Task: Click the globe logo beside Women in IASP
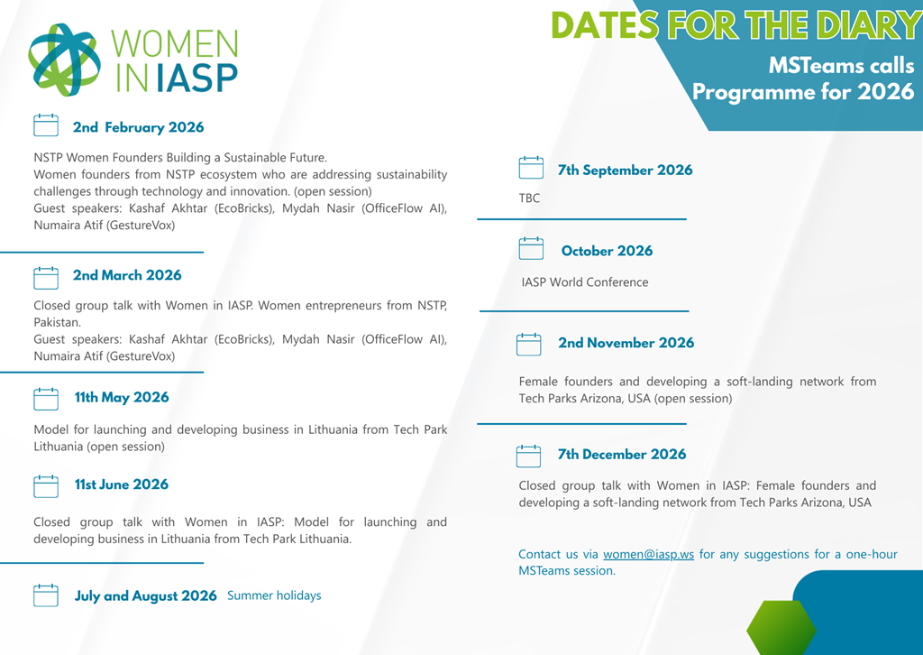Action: point(64,60)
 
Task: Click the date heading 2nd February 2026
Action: point(138,127)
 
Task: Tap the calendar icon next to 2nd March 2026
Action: point(46,276)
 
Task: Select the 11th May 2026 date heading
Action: point(122,397)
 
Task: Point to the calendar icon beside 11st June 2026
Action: point(46,485)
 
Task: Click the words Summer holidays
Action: point(274,595)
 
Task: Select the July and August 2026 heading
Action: point(146,595)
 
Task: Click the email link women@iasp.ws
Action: point(648,554)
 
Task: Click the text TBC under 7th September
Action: point(529,198)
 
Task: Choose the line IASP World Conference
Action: point(584,282)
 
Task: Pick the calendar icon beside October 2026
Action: point(532,249)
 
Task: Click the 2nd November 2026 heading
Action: point(626,343)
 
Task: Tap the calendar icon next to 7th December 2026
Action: point(529,455)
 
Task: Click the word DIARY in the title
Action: point(868,26)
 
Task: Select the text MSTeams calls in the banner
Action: point(841,66)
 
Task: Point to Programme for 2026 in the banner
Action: point(802,91)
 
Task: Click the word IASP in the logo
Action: point(196,78)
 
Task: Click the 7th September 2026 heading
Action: point(625,170)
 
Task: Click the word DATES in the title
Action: point(604,26)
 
